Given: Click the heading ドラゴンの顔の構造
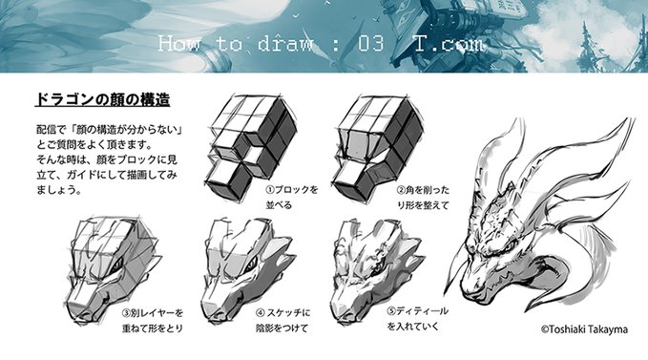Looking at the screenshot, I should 101,100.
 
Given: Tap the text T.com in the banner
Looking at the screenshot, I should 449,44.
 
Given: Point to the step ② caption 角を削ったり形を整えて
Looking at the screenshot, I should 423,197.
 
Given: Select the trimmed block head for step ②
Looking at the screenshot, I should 368,143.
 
